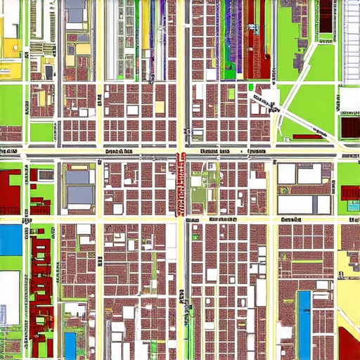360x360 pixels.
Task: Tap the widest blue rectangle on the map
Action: pos(11,240)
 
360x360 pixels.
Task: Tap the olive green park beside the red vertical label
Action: pos(199,193)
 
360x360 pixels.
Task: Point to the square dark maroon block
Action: pos(349,127)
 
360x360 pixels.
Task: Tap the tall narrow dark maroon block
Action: pos(326,17)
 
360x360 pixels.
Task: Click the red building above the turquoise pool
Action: pos(349,192)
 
